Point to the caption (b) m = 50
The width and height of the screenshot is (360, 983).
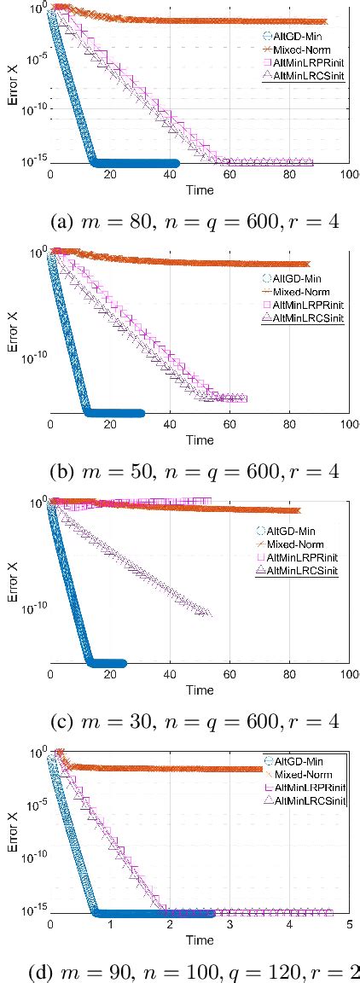[179, 470]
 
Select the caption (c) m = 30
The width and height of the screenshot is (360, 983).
[179, 722]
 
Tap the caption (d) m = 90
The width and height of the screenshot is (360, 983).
[181, 970]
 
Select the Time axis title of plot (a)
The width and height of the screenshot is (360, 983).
[200, 190]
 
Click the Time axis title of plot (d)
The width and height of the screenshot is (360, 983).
[200, 939]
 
